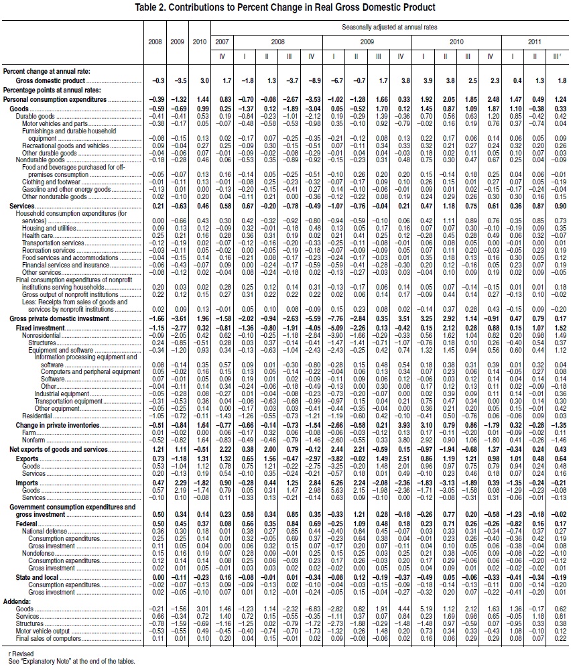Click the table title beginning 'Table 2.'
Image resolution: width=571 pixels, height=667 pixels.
tap(285, 7)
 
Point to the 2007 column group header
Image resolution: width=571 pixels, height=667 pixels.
tap(223, 42)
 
